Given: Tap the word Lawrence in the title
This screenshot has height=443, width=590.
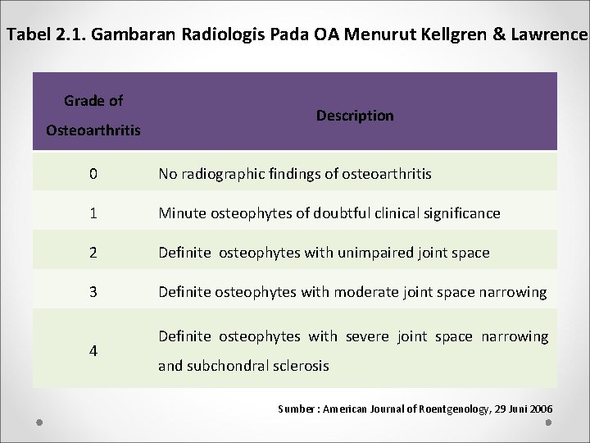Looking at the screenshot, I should (549, 35).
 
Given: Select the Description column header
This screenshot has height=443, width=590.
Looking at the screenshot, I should (355, 116).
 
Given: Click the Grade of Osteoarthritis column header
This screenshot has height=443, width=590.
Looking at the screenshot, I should (93, 116).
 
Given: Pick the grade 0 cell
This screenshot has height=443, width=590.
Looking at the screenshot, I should (93, 174).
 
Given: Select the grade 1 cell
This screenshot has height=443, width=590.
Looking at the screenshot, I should (93, 213).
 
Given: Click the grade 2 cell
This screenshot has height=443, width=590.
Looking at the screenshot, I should (93, 253).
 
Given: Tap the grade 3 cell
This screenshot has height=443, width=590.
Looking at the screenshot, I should (93, 292).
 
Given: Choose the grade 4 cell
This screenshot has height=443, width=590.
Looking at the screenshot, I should (93, 350).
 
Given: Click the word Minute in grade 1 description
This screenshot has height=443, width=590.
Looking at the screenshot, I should (182, 213).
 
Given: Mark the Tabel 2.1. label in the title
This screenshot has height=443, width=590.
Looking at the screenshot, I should (48, 35).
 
